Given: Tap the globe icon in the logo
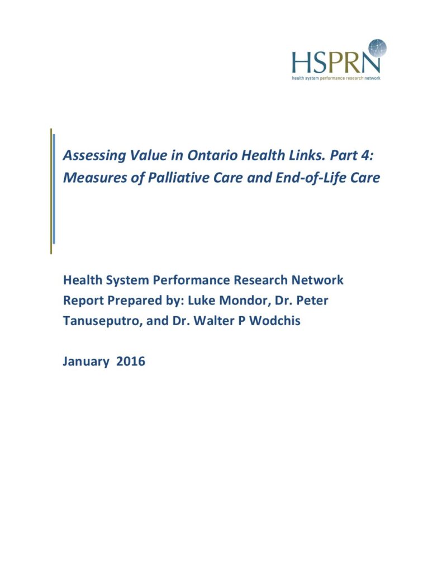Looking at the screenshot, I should click(x=377, y=49).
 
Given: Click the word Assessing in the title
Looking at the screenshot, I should click(x=89, y=156).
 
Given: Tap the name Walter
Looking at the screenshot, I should click(x=221, y=322).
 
